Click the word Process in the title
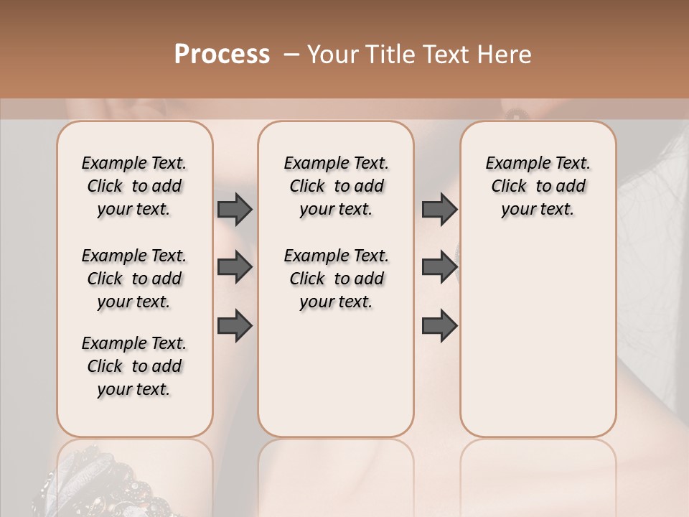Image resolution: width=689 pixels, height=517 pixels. coord(222,55)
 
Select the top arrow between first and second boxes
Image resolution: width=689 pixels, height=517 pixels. coord(235,210)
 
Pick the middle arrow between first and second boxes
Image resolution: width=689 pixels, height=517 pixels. coord(235,268)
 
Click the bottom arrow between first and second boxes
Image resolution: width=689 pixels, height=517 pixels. coord(235,326)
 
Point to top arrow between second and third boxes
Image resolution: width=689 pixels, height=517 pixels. coord(439,210)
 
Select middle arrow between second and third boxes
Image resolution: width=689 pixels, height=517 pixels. coord(439,268)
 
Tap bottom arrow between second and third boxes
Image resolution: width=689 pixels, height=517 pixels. coord(439,326)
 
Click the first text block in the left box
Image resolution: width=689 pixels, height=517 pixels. coord(134,186)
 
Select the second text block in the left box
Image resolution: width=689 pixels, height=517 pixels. coord(134,279)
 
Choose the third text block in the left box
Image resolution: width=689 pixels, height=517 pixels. coord(134,366)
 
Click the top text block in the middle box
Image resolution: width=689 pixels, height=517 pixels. coord(336,186)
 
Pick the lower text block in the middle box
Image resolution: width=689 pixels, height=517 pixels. coord(336,279)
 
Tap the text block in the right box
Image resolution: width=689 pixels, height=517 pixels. coord(538,186)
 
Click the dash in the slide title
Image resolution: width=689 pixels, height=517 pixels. coord(291,55)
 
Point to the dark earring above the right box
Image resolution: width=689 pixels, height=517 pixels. coord(515,113)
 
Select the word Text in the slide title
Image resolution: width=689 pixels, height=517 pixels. coord(441,55)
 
